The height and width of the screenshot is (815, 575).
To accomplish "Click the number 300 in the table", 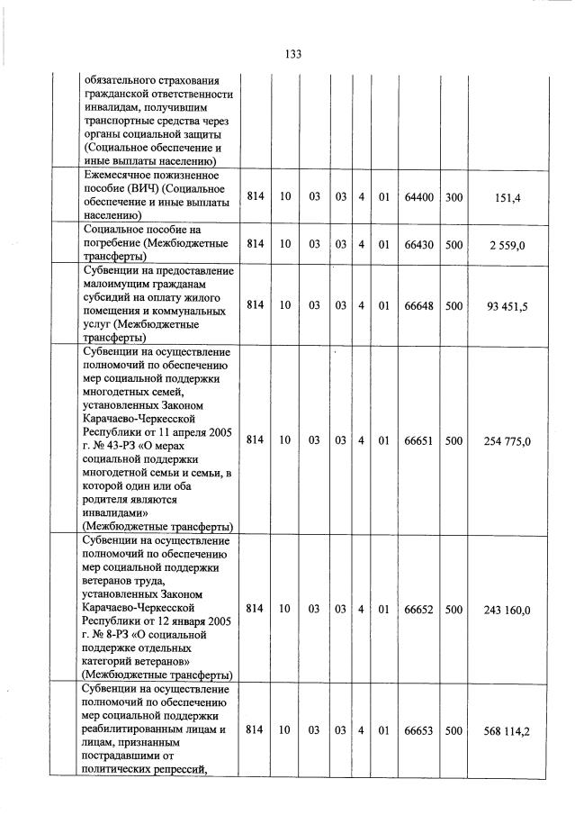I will [x=454, y=195].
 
